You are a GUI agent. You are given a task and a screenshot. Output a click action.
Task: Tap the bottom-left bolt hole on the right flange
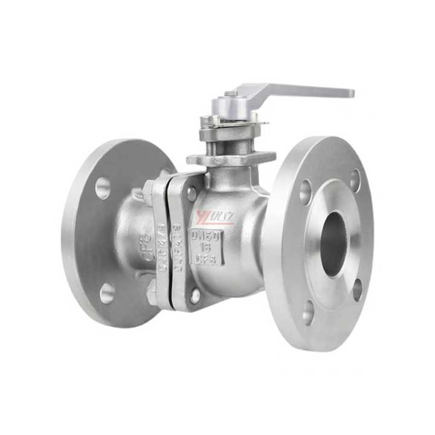coord(308,312)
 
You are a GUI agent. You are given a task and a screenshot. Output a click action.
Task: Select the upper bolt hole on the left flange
coord(103,188)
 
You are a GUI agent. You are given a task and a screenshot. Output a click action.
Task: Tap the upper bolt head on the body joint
coord(192,193)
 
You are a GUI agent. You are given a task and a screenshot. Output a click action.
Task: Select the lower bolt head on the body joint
coord(195,296)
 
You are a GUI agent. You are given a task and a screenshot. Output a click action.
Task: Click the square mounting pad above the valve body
coord(230,159)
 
